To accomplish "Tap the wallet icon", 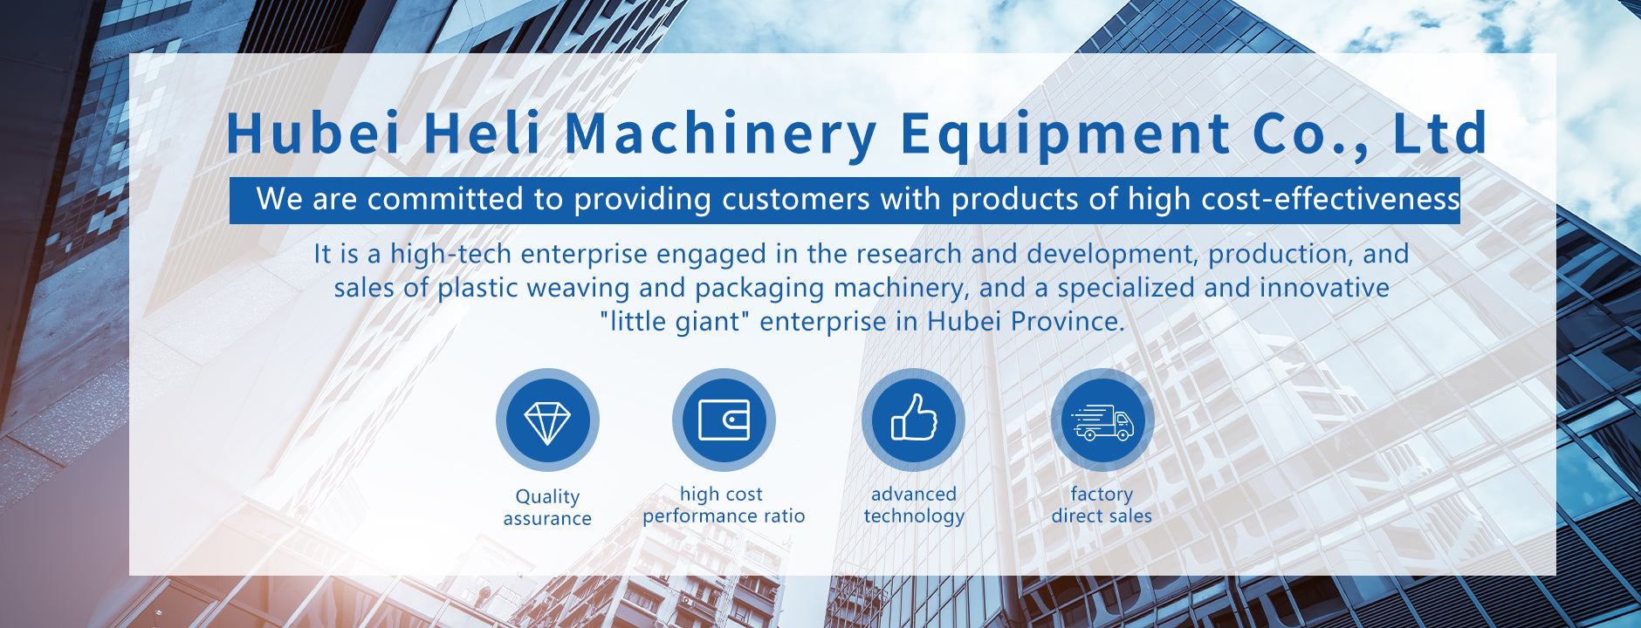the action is (724, 420).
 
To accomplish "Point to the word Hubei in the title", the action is (313, 133).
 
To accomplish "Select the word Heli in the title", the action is (483, 133).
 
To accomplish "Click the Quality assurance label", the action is (547, 508).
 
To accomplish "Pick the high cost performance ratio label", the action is (724, 505).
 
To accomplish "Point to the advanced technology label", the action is (914, 505).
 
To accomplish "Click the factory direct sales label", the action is (1102, 505).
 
